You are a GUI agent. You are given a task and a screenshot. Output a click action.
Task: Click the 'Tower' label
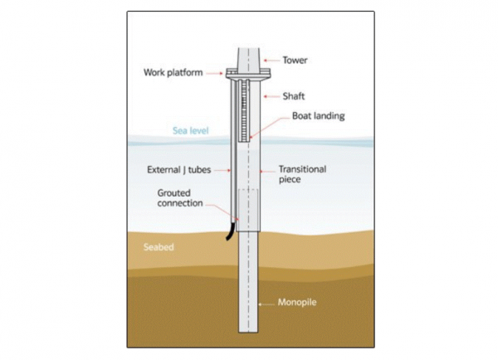[295, 60]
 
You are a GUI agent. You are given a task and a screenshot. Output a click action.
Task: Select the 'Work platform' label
[173, 72]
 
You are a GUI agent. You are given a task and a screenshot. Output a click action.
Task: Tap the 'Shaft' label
[293, 96]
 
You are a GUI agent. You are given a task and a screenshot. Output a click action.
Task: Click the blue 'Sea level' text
[190, 131]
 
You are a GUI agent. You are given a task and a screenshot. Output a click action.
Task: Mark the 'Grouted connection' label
[180, 197]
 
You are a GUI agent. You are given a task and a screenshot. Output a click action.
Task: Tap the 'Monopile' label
[296, 303]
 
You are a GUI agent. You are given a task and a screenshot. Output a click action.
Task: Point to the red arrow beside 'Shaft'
[270, 96]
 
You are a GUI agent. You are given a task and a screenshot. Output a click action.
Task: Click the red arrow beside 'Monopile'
[268, 303]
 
